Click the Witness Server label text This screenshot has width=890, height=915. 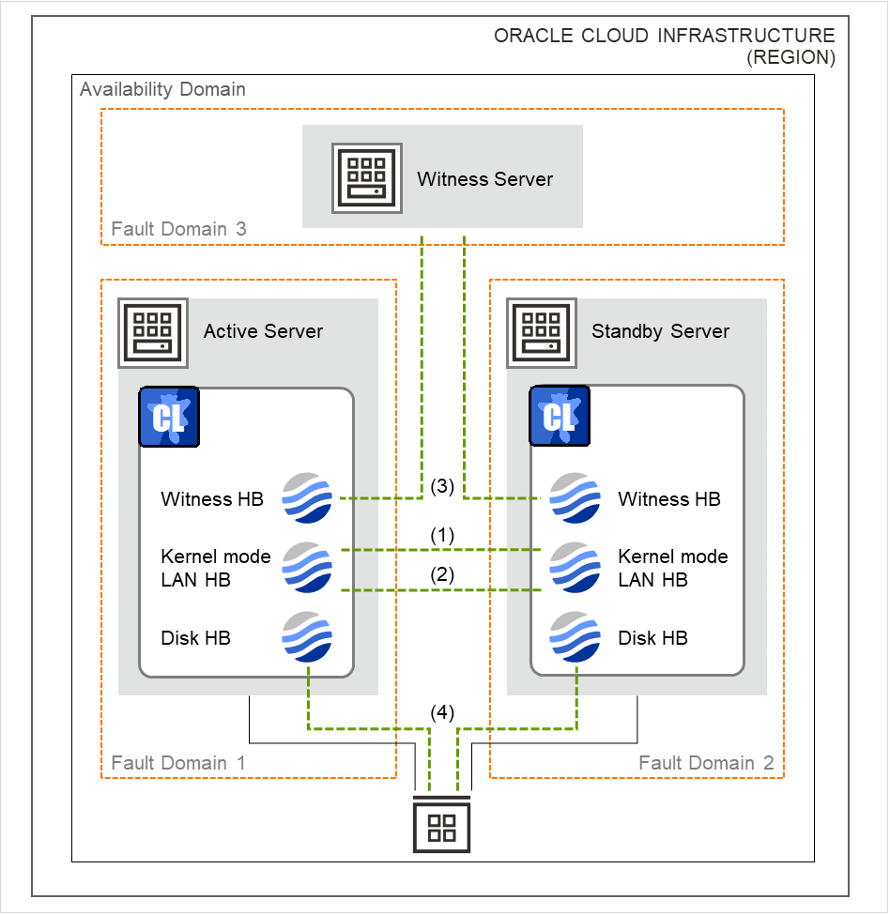(484, 179)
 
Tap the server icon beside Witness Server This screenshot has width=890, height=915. (366, 178)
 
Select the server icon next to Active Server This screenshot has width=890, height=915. (152, 333)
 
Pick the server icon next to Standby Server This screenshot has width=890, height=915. (541, 333)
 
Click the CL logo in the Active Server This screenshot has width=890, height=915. (169, 416)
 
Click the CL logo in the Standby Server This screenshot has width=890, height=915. (560, 416)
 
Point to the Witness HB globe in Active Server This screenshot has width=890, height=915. (307, 498)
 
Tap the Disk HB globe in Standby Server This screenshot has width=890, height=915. (575, 638)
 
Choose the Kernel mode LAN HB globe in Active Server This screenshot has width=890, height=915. (307, 568)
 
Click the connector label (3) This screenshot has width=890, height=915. (442, 487)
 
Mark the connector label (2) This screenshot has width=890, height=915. (442, 575)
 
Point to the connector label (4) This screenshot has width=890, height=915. (442, 712)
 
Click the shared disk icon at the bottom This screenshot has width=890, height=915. (441, 826)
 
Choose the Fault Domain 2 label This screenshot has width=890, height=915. (706, 763)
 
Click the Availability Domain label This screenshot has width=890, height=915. (162, 90)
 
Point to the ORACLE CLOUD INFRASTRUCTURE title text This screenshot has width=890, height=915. (664, 37)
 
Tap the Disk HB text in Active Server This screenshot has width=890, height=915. (196, 638)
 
